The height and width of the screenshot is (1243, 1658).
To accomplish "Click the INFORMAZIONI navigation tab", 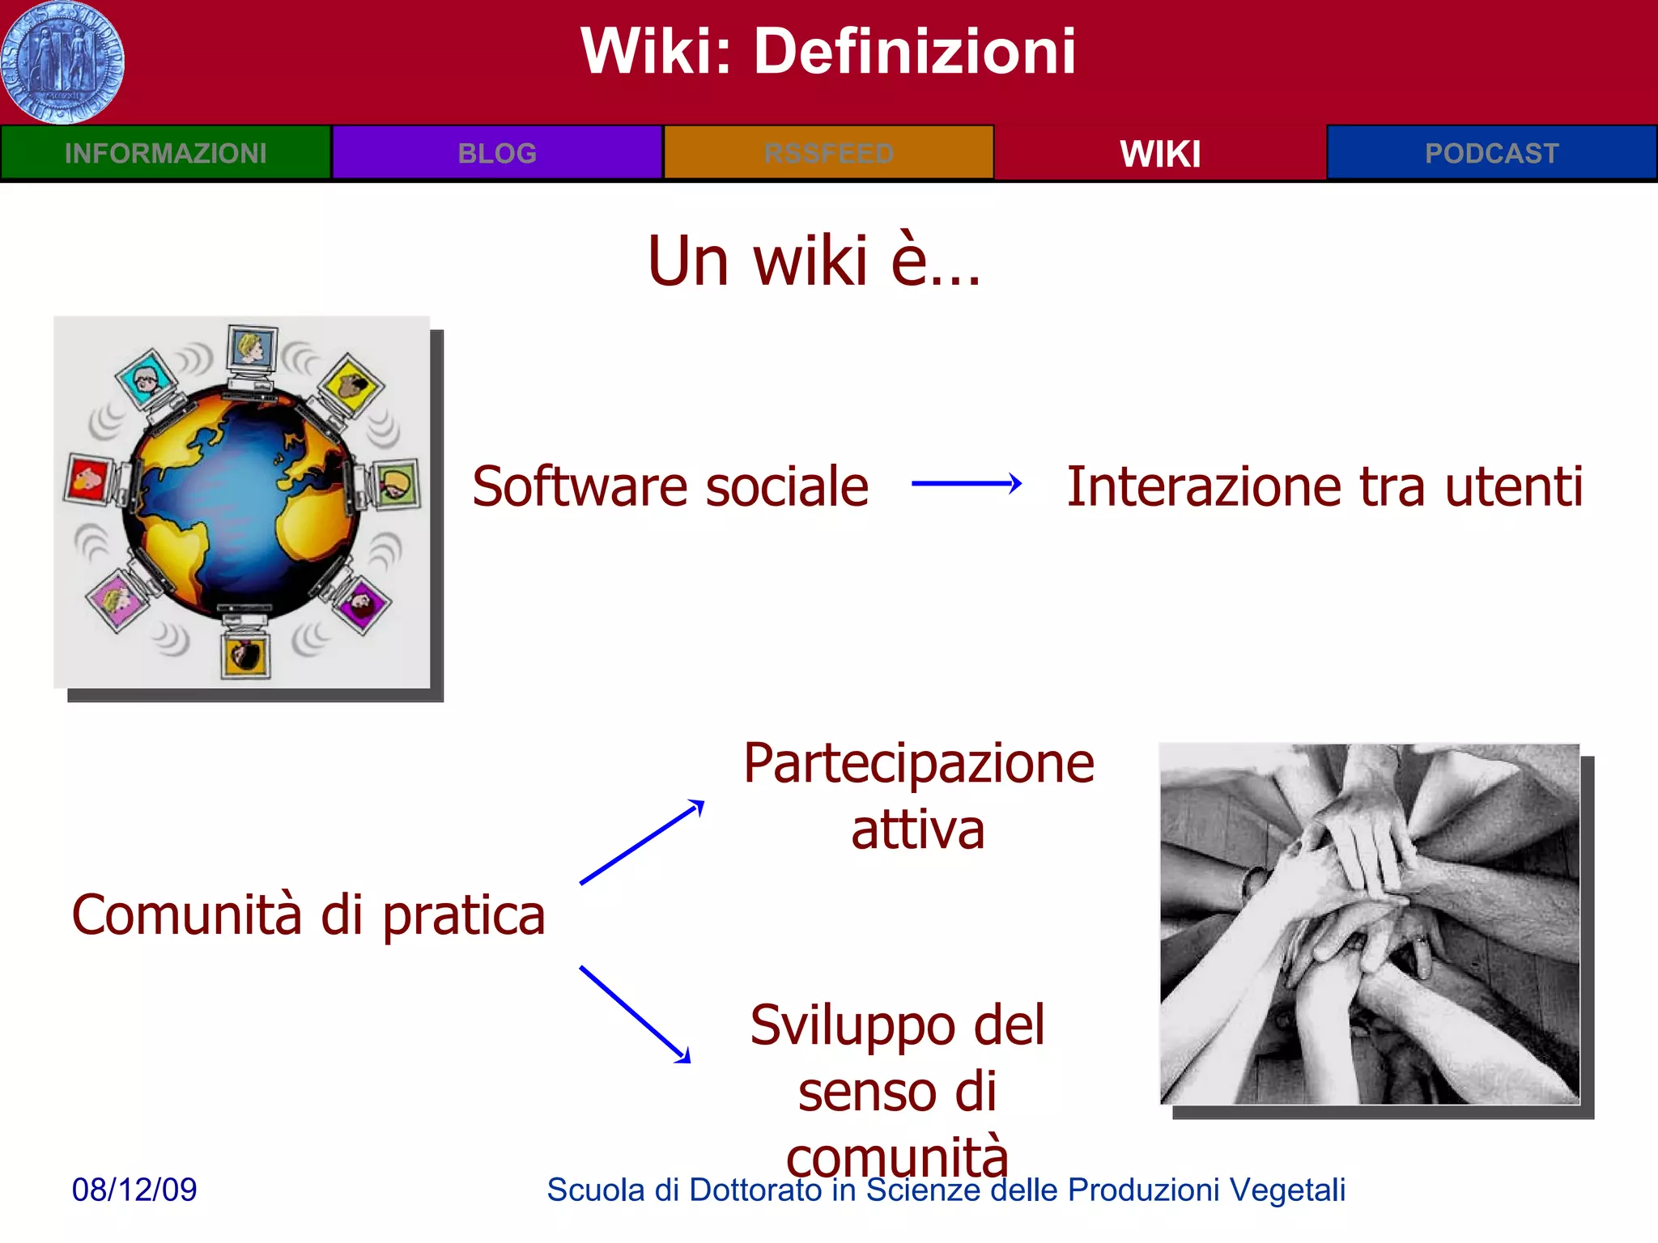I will [165, 153].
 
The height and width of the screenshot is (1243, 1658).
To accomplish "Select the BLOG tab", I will [497, 153].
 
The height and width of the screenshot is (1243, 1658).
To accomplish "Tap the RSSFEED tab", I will [828, 153].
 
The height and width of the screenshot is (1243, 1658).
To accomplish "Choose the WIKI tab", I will [1160, 153].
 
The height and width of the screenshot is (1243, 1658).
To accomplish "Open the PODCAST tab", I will [1491, 153].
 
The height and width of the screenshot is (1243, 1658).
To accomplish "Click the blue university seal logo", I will [62, 62].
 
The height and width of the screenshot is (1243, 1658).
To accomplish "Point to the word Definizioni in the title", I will [915, 51].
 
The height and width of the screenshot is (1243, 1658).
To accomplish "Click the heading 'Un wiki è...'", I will [814, 261].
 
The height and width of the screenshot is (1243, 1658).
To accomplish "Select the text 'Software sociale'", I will [670, 487].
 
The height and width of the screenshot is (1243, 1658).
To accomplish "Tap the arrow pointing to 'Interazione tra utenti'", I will [966, 484].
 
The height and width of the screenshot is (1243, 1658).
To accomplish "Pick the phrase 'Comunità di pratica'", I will [308, 915].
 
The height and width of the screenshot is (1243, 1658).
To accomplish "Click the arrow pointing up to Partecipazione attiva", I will [642, 842].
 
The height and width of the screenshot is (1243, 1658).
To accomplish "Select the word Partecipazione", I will [919, 764].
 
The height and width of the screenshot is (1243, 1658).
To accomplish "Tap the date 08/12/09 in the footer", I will [134, 1190].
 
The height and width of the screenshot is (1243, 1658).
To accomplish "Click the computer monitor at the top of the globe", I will [252, 350].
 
